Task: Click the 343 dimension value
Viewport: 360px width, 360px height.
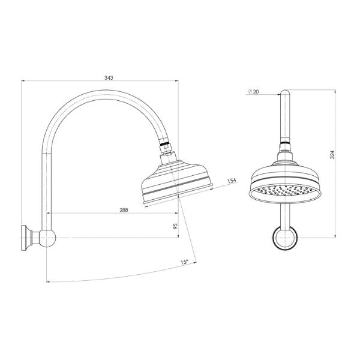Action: click(109, 78)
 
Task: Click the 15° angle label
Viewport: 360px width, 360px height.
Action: click(183, 262)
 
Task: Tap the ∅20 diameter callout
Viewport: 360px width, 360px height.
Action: click(252, 91)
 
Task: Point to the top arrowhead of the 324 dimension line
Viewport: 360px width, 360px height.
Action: click(335, 92)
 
